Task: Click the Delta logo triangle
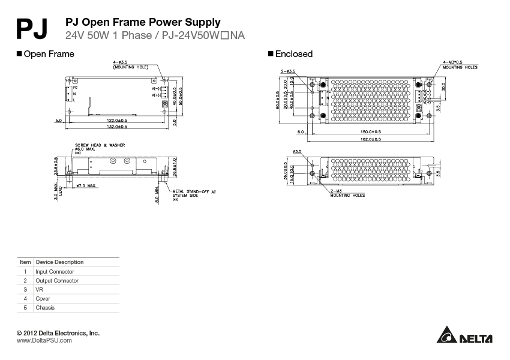[x=447, y=337]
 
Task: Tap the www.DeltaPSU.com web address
[x=44, y=340]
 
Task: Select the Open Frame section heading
[x=49, y=54]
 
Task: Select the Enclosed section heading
[x=293, y=54]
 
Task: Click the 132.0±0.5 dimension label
[x=117, y=127]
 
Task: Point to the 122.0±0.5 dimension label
[x=117, y=121]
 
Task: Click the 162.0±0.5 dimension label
[x=370, y=139]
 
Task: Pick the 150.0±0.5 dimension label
[x=370, y=132]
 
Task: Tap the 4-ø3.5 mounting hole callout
[x=130, y=65]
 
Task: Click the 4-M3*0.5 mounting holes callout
[x=460, y=65]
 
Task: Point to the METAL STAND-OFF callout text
[x=194, y=193]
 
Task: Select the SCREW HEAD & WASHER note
[x=99, y=146]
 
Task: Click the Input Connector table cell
[x=55, y=272]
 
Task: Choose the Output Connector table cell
[x=57, y=281]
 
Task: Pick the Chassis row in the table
[x=45, y=308]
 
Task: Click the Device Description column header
[x=59, y=262]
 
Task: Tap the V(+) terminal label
[x=158, y=95]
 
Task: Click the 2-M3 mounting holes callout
[x=347, y=193]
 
